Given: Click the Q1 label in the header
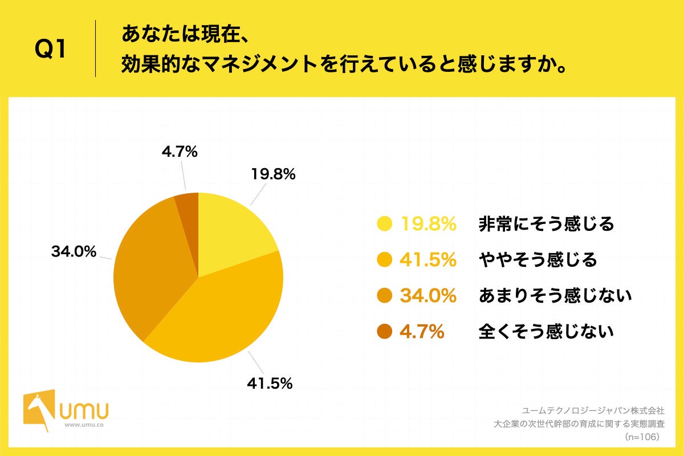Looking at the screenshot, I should tap(51, 50).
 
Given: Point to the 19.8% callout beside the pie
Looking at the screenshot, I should tap(273, 174).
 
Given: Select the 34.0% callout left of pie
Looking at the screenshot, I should tap(74, 251).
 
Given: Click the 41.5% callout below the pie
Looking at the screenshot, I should tap(270, 384).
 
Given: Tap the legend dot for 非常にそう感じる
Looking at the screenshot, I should tap(385, 224).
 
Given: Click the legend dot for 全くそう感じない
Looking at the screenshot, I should tap(385, 331).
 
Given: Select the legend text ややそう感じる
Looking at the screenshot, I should tap(538, 260).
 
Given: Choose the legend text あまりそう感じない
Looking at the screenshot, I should tap(555, 295).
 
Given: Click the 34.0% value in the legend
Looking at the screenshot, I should tap(428, 295).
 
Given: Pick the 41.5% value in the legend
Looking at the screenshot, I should tap(428, 260).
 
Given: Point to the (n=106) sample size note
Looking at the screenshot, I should tap(642, 437).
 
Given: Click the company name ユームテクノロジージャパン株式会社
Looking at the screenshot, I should tap(593, 410).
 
